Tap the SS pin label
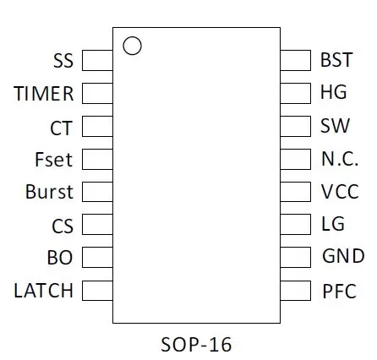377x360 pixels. coord(63,61)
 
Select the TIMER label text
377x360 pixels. coord(44,94)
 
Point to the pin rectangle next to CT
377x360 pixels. coord(97,126)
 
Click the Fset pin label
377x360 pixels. coord(53,160)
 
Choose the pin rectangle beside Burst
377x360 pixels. coord(97,192)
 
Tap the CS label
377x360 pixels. coord(63,226)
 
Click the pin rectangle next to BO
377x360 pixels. coord(97,257)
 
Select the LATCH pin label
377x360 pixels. coord(44,291)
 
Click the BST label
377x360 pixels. coord(336,60)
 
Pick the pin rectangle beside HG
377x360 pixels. coord(296,93)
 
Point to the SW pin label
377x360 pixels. coord(335,126)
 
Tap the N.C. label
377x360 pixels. coord(340,159)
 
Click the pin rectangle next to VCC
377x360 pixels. coord(296,192)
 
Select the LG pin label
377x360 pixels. coord(333,224)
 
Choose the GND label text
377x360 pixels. coord(343,256)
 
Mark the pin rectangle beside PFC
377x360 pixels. coord(296,291)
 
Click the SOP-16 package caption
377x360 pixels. coord(196,344)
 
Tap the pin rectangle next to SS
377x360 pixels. coord(97,60)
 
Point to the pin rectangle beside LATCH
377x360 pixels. coord(97,291)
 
